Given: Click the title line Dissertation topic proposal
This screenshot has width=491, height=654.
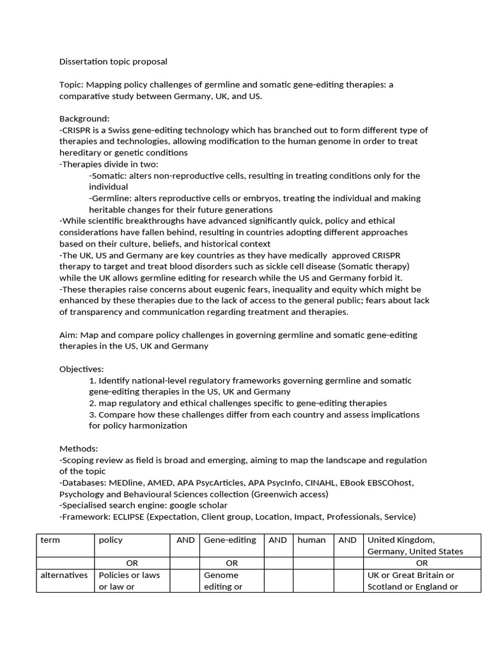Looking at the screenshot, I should (x=113, y=62).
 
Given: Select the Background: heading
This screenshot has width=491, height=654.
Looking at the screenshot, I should (x=84, y=119).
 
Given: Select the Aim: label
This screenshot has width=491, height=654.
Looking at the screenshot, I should (x=70, y=335).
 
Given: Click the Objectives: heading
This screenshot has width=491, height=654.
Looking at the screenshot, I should (x=81, y=369).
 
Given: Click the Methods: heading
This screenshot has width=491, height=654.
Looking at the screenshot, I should (x=79, y=449).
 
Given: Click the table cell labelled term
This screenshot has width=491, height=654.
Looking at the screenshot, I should (x=50, y=540).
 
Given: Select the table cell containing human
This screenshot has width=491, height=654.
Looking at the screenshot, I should (x=311, y=540).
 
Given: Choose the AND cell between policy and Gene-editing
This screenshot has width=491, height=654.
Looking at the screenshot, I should (x=185, y=540).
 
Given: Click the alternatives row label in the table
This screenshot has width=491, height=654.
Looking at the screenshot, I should (x=64, y=575).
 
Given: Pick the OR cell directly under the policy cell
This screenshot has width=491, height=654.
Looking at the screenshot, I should (x=132, y=563).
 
